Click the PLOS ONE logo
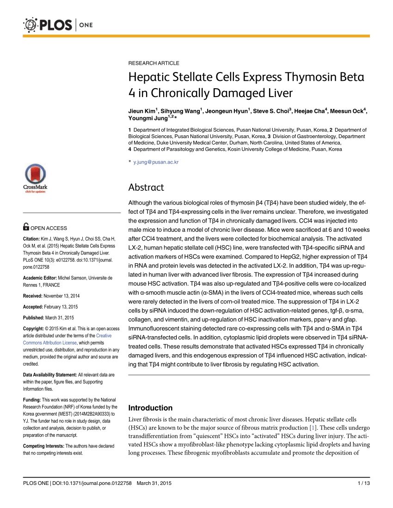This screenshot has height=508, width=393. click(x=51, y=24)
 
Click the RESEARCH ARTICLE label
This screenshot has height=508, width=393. click(x=154, y=63)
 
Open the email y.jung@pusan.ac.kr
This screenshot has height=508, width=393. click(x=156, y=162)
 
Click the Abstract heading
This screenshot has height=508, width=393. click(x=146, y=187)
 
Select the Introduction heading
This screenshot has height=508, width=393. click(x=150, y=408)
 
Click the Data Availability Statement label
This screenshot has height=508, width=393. click(x=50, y=375)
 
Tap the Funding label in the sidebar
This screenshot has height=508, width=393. click(x=31, y=399)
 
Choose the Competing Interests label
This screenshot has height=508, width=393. click(x=43, y=446)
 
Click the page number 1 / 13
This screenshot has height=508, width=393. click(x=364, y=483)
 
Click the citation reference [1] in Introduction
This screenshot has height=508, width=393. click(x=313, y=428)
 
